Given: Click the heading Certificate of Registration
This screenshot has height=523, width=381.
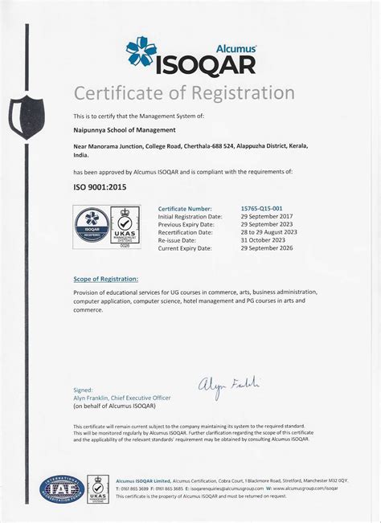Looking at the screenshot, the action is [x=190, y=93].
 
